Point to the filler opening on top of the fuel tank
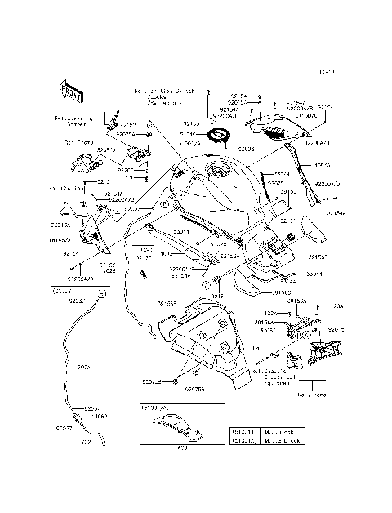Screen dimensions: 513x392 (x=219, y=172)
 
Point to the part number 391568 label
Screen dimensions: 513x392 (x=166, y=304)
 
